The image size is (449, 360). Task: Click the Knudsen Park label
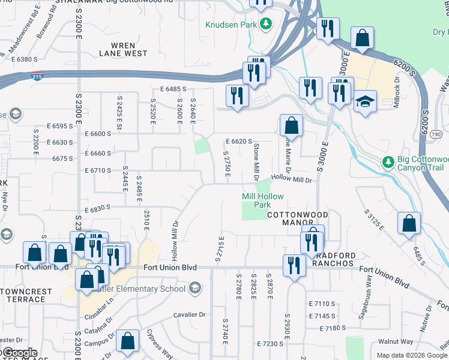[231, 25]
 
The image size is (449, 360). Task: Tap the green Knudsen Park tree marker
[265, 25]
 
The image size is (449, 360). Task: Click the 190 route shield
[435, 134]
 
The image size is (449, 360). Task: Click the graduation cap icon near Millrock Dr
[364, 102]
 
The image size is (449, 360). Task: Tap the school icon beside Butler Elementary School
[194, 289]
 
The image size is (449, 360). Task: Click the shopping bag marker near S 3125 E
[409, 223]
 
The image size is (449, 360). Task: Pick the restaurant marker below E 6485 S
[237, 96]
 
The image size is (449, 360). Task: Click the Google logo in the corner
[19, 353]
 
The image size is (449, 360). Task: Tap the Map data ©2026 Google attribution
[412, 355]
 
